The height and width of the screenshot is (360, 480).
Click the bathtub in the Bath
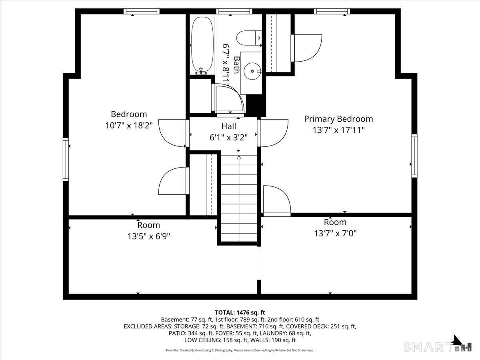202,44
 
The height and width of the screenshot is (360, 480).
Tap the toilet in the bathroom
249,38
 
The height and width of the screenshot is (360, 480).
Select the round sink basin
252,71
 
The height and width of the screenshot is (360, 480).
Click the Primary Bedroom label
338,119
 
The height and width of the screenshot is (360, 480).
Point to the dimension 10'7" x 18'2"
129,126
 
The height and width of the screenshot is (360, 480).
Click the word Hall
228,126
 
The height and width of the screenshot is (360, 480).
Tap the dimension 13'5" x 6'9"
149,236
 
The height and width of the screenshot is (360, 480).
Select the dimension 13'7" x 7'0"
335,234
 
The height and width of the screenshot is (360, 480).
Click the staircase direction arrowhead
239,157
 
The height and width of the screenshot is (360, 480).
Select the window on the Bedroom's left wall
66,159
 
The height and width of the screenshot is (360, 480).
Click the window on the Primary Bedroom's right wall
414,156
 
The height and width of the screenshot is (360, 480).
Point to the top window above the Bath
234,11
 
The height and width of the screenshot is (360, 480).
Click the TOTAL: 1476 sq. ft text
240,312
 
